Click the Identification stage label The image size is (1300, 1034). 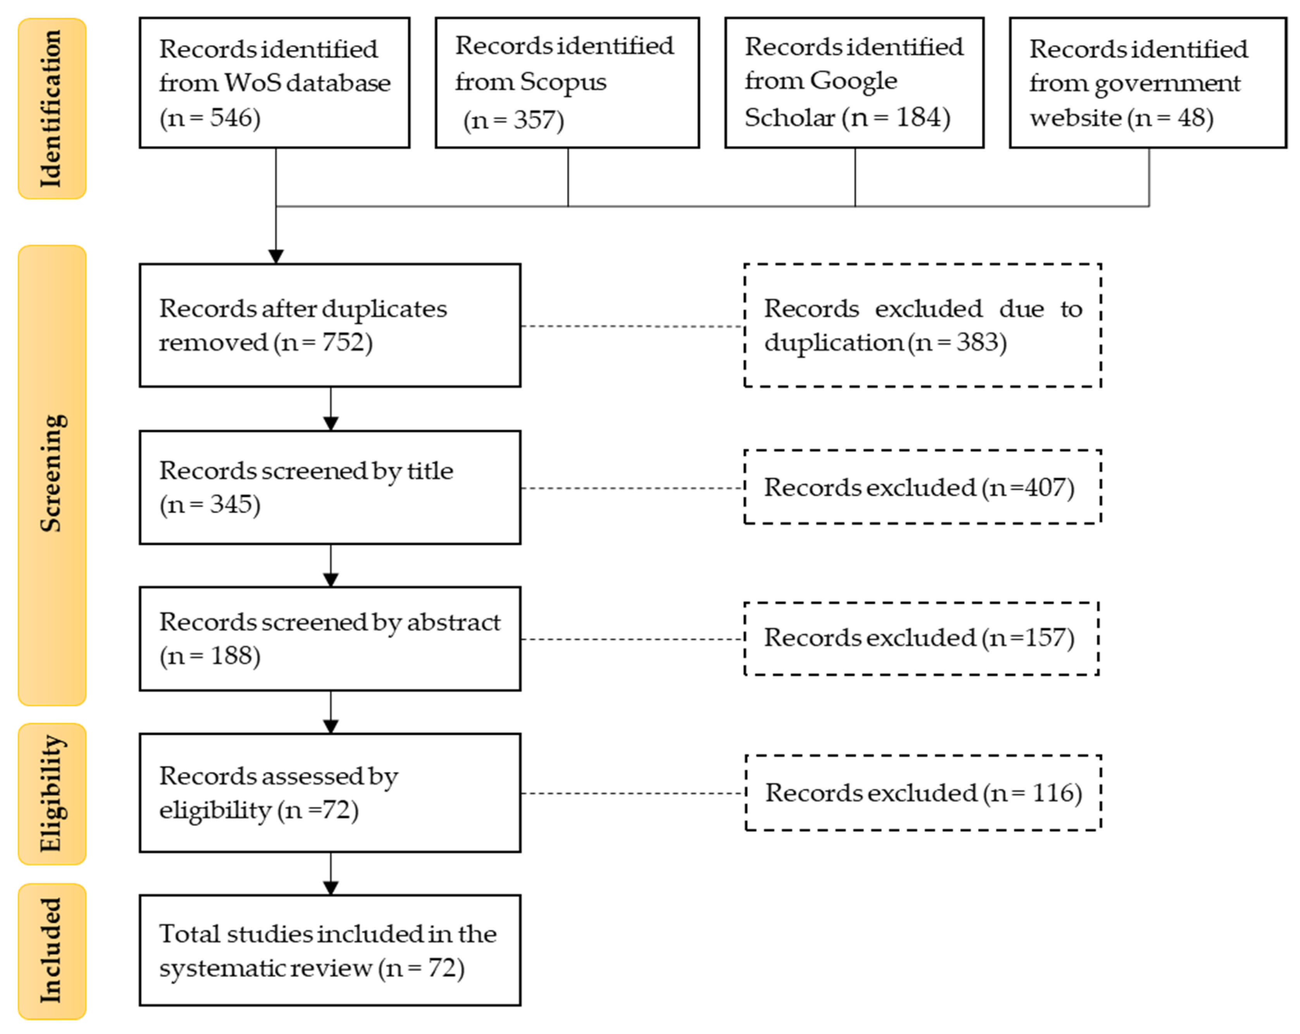[x=52, y=109]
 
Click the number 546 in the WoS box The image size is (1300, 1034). [x=230, y=117]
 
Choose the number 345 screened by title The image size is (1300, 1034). [x=230, y=504]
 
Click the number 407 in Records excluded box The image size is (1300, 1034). [x=1046, y=487]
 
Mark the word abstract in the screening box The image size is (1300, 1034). [x=453, y=622]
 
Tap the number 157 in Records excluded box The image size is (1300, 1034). [x=1046, y=637]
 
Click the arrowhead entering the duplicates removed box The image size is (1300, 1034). [x=276, y=256]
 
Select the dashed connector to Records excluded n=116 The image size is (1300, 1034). [x=633, y=793]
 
